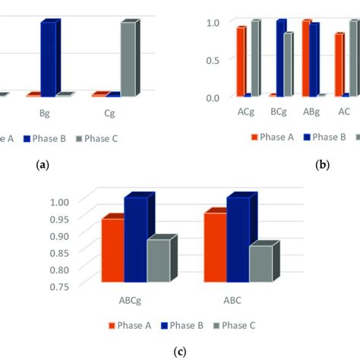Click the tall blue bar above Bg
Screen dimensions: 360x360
(49, 58)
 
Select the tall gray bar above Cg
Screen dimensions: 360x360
(128, 59)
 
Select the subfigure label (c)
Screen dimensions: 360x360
(179, 352)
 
